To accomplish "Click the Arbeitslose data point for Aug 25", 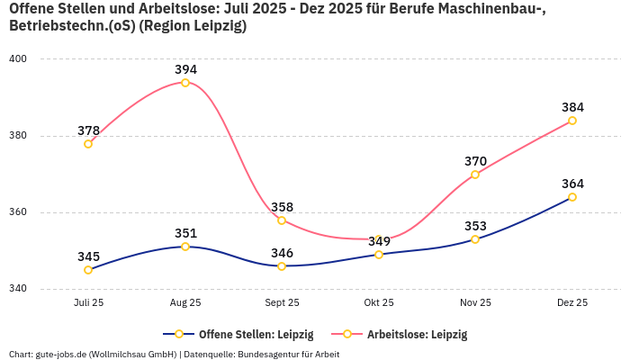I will coord(185,83).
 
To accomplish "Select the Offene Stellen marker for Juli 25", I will coord(88,270).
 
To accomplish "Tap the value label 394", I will coord(185,69).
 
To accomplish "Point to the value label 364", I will coord(572,184).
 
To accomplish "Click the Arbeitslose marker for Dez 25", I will coord(572,121).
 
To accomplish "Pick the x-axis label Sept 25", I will coord(282,303).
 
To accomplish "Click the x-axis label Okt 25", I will coord(379,303).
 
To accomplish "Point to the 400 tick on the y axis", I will coord(18,59).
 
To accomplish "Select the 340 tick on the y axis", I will coord(18,290).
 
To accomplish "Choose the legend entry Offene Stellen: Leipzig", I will coord(238,334).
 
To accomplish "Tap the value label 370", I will coord(475,161).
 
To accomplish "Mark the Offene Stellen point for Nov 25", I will coord(475,239).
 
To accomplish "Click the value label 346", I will coord(282,253).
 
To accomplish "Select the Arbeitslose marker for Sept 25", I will coord(282,220).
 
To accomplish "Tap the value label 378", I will coord(88,130).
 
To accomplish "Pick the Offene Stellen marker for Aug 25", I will coord(185,247).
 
